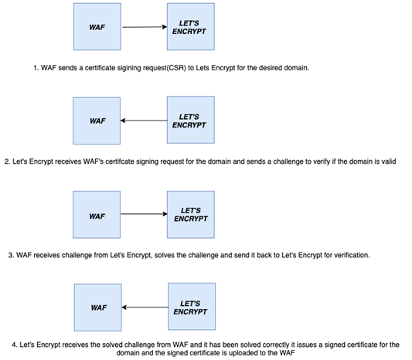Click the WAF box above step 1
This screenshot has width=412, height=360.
click(97, 26)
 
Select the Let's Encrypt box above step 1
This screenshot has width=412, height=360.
click(191, 26)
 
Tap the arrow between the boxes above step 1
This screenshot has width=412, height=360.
click(145, 27)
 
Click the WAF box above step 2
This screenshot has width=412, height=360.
click(97, 121)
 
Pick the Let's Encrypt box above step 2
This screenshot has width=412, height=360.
click(191, 120)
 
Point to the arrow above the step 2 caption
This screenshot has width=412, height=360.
click(144, 121)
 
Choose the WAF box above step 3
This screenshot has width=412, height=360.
click(97, 215)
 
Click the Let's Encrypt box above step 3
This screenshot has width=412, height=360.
click(191, 215)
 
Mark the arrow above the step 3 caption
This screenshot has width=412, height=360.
click(144, 214)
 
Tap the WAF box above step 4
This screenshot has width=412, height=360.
click(97, 307)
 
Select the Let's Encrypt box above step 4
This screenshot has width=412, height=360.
click(192, 307)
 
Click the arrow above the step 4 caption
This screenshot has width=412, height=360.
click(145, 307)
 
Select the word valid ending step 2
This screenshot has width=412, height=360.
click(389, 161)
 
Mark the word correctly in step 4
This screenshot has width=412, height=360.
click(276, 345)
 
